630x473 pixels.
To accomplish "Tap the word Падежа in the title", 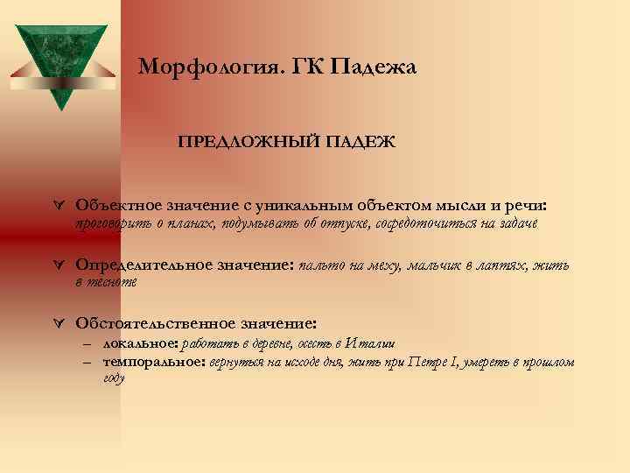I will [x=374, y=67].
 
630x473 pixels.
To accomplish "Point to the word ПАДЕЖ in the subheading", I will [x=346, y=141].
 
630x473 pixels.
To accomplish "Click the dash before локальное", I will [x=88, y=343].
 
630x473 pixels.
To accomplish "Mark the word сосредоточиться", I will [x=423, y=224].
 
